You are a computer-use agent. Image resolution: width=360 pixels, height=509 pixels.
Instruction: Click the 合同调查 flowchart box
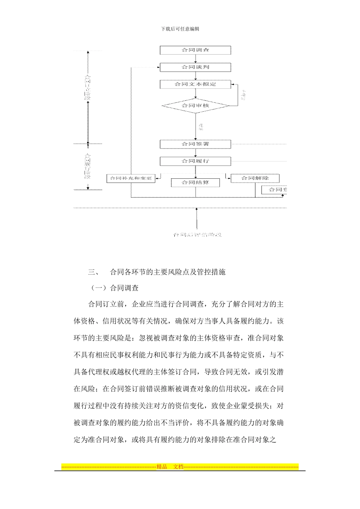coord(195,50)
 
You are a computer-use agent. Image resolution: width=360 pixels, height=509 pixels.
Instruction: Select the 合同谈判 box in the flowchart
coord(195,67)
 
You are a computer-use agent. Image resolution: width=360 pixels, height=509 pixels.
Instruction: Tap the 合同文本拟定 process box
coord(195,84)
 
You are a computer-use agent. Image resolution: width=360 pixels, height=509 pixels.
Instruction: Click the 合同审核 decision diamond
coord(195,105)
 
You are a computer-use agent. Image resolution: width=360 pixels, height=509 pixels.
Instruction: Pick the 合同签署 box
coord(195,144)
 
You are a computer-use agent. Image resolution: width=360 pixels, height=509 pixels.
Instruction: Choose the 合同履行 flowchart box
coord(195,161)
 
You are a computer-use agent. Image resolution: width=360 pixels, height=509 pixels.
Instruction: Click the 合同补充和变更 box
coord(131,178)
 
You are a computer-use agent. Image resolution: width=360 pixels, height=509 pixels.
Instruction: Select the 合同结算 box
coord(195,183)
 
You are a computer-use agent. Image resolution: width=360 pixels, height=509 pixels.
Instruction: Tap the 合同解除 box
coord(255,178)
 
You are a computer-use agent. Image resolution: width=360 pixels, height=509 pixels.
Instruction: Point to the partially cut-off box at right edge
coord(274,190)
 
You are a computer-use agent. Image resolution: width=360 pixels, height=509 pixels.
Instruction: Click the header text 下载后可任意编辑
coord(180,29)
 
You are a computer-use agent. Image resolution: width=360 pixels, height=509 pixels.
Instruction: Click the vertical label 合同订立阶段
coord(88,87)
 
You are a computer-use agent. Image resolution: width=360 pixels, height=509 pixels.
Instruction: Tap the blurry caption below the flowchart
coord(197,235)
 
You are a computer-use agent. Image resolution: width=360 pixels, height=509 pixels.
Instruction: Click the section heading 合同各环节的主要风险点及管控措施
coord(167,272)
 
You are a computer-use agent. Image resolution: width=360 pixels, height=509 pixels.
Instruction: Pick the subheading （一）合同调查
coord(115,288)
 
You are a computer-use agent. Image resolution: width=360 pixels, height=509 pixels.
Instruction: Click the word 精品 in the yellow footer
coord(162,467)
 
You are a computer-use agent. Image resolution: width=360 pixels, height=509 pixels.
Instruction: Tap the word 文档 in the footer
coord(178,467)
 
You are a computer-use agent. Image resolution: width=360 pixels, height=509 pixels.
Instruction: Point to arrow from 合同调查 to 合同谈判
coord(196,59)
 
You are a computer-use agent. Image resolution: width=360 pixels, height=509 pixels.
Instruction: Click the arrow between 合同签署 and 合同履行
coord(196,153)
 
